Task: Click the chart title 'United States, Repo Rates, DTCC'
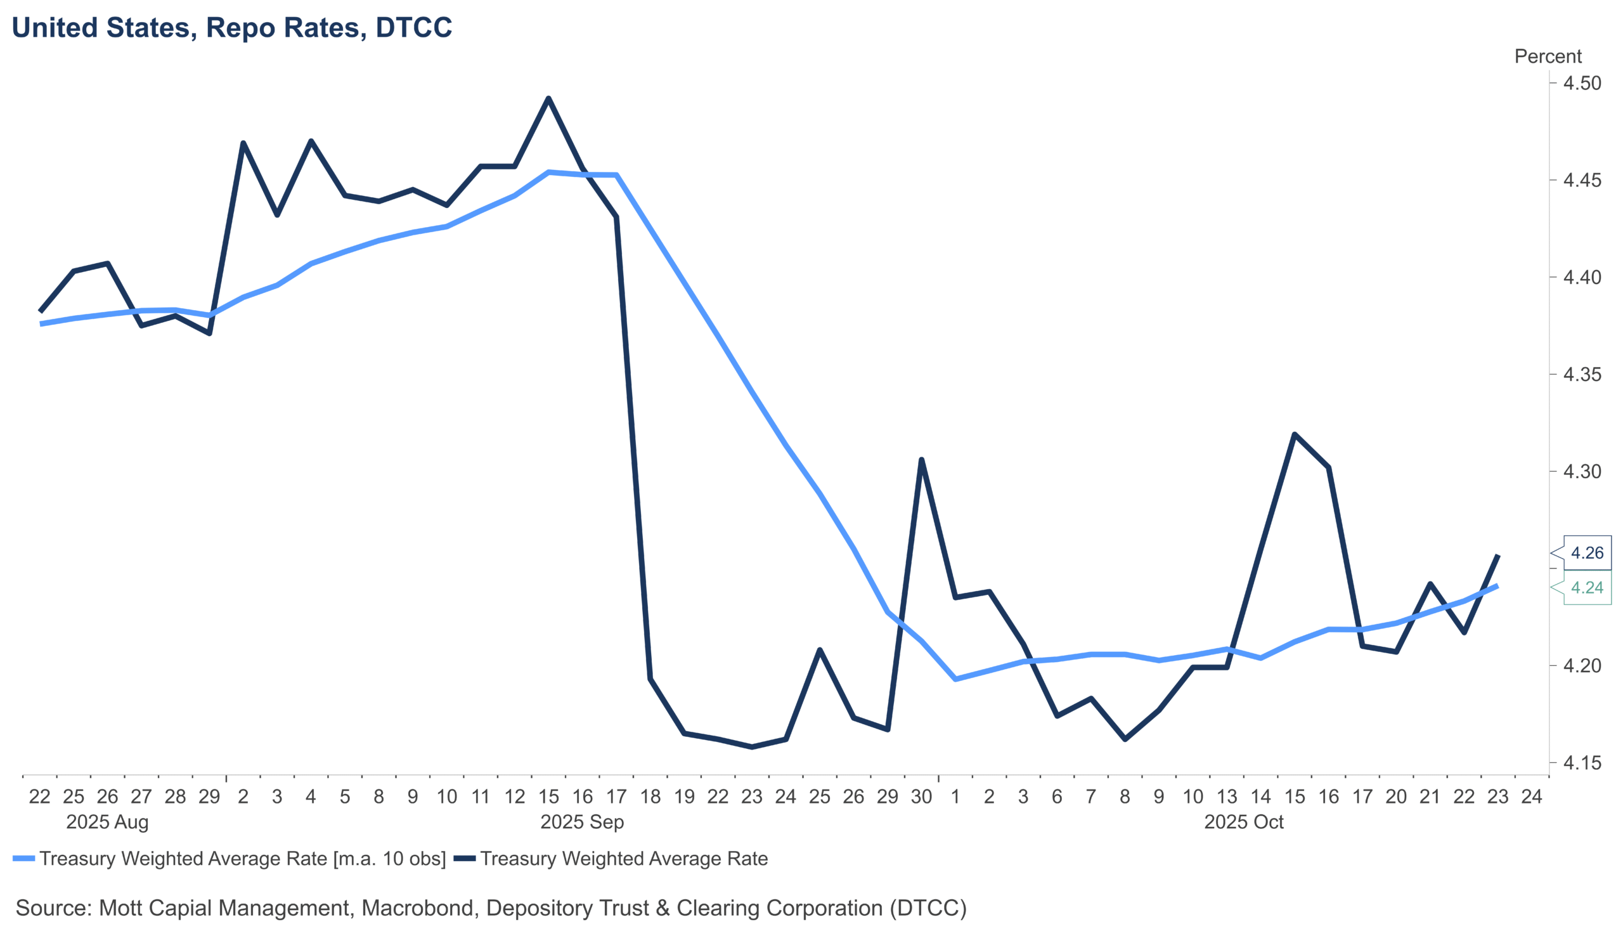click(232, 28)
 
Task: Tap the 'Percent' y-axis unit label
click(1547, 56)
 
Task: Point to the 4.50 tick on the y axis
click(1582, 84)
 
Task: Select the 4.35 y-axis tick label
click(1582, 375)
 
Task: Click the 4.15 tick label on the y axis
click(1582, 763)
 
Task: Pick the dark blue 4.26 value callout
click(1586, 553)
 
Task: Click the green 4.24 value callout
click(1586, 588)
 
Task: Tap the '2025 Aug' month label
click(107, 822)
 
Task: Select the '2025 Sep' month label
click(581, 822)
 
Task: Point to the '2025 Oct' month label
click(1243, 822)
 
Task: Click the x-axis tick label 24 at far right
click(1531, 797)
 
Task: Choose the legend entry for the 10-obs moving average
click(242, 859)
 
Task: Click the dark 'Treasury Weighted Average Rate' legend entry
click(623, 859)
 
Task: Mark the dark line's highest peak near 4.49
click(548, 98)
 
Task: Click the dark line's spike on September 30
click(921, 460)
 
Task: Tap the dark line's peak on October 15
click(1295, 434)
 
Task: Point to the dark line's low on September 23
click(752, 747)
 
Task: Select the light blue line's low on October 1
click(955, 679)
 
